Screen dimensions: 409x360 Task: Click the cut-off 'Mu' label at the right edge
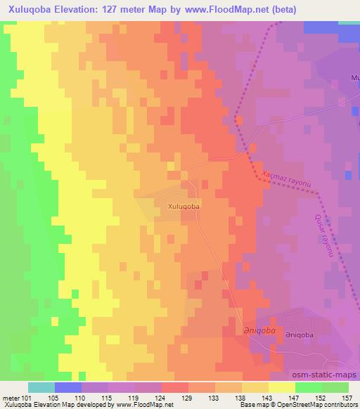(x=354, y=78)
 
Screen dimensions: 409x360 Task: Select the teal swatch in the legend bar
(x=41, y=387)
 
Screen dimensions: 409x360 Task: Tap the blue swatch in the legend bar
(x=68, y=387)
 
